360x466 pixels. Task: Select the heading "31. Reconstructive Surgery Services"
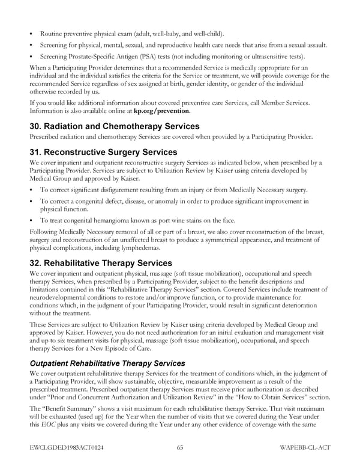(103, 152)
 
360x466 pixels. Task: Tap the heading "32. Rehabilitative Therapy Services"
(100, 263)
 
